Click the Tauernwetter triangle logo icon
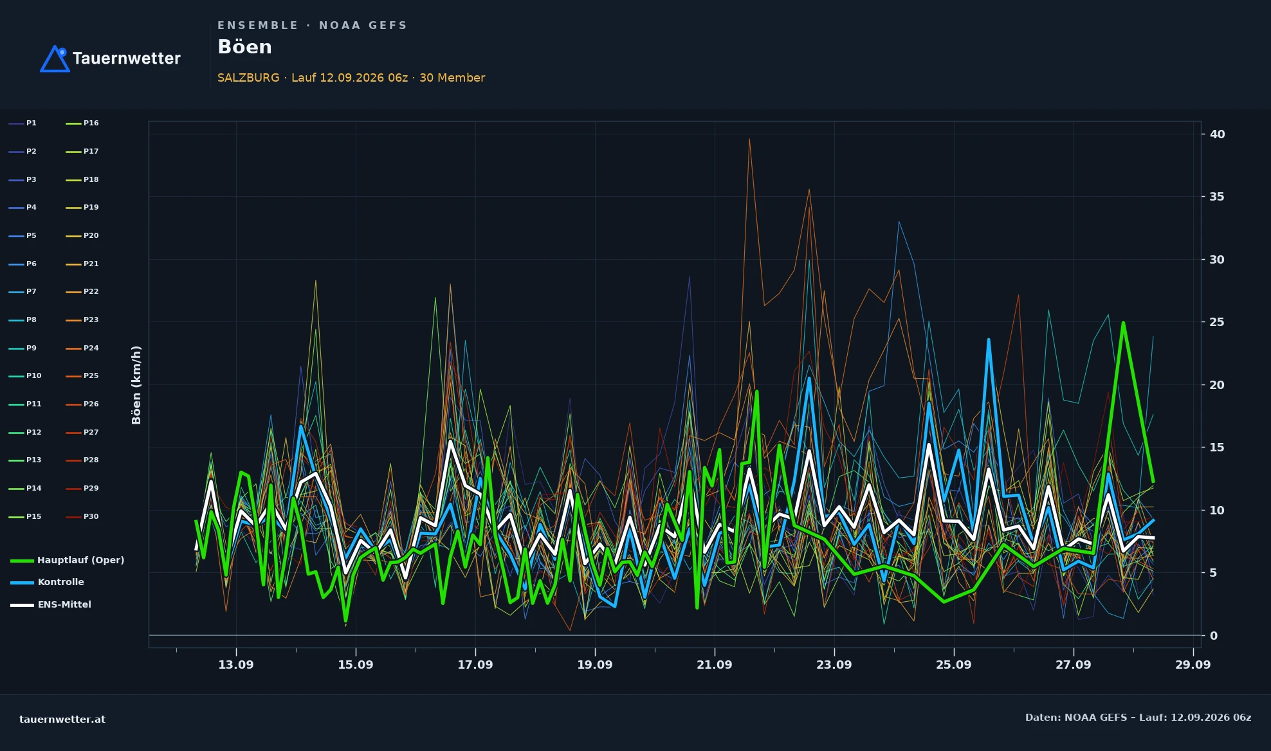[55, 59]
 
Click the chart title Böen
[244, 47]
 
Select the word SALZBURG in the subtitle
[248, 78]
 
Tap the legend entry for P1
[23, 123]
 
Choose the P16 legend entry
[82, 123]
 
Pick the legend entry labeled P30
[82, 516]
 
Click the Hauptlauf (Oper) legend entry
[68, 560]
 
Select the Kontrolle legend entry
[48, 582]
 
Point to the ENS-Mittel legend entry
[51, 604]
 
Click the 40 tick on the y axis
[1217, 134]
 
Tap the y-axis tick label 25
[1217, 322]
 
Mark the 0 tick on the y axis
[1213, 636]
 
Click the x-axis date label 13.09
[236, 665]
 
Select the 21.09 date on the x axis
[715, 665]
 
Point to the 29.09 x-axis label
[1193, 665]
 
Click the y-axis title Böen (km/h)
[136, 385]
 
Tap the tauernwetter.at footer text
[62, 719]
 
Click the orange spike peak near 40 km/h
[749, 139]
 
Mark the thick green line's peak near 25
[1123, 323]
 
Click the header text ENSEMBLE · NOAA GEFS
[313, 26]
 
